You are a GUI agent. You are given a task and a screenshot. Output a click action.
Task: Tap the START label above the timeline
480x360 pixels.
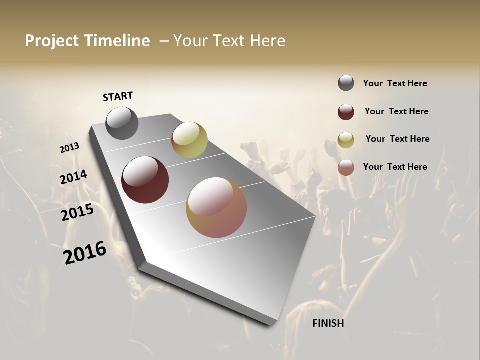tap(118, 96)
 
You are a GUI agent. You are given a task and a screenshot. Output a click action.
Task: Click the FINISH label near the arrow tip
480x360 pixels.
tap(328, 323)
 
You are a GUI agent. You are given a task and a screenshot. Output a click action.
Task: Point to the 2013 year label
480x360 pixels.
tap(69, 148)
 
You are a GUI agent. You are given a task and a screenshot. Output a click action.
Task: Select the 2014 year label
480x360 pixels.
tap(74, 177)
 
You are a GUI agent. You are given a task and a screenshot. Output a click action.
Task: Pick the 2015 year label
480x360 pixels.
tap(77, 212)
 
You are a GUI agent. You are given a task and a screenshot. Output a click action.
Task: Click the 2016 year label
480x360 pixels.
tap(85, 253)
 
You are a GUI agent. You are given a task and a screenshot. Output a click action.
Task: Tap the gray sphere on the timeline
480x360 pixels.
tap(122, 123)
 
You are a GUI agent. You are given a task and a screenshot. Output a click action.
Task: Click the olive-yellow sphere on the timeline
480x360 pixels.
tap(189, 140)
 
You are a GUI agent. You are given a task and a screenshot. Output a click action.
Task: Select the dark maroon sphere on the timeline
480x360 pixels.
tap(145, 180)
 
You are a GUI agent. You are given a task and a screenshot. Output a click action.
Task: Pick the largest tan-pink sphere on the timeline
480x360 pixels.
tap(216, 207)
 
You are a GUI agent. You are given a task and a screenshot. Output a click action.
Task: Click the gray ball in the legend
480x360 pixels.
tap(346, 83)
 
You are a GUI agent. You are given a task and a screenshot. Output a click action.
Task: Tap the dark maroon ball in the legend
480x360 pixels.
tap(346, 112)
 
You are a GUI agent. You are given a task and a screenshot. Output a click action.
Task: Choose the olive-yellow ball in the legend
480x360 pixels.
tap(346, 140)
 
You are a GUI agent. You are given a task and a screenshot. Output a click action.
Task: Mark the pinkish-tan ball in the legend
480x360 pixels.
tap(346, 167)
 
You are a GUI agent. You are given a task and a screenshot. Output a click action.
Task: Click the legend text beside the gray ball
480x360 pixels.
tap(395, 84)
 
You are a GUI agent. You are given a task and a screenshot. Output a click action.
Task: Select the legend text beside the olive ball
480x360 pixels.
tap(397, 139)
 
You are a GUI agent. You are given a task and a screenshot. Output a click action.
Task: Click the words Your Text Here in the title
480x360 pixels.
tap(229, 41)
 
